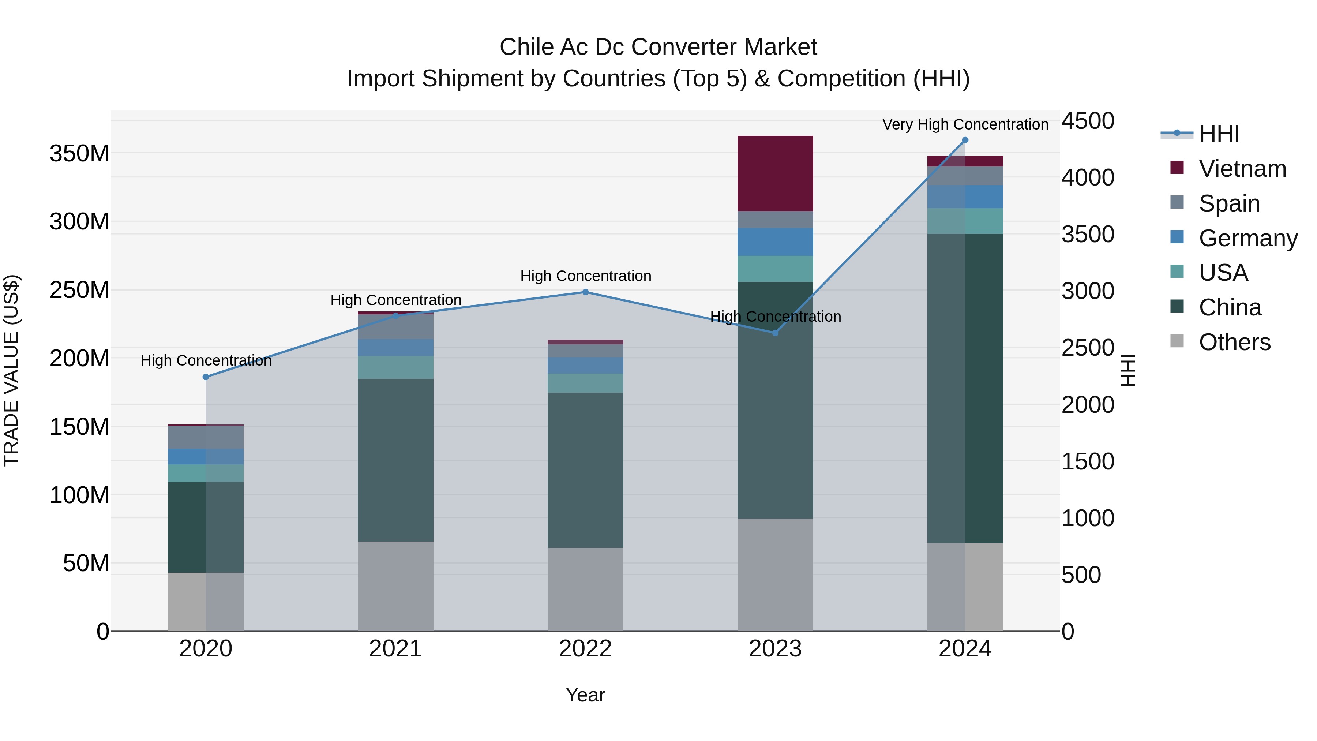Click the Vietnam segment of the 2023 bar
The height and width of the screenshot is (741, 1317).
(x=775, y=173)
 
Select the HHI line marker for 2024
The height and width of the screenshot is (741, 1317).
(x=965, y=140)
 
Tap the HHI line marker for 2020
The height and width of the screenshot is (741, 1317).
(x=206, y=377)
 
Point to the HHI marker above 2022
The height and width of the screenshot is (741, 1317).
(x=585, y=292)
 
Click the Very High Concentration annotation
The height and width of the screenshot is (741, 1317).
(x=965, y=124)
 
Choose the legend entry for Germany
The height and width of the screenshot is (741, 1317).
(x=1247, y=238)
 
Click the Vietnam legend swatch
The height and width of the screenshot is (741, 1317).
(x=1177, y=168)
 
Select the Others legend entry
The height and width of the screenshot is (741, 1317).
(x=1234, y=342)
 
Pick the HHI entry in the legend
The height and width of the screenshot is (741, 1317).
(x=1219, y=134)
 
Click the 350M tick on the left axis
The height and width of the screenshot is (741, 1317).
(x=79, y=153)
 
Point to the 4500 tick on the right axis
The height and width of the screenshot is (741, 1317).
(x=1088, y=121)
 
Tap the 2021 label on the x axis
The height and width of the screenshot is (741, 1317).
(x=395, y=649)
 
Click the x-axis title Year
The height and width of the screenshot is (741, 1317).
(x=585, y=695)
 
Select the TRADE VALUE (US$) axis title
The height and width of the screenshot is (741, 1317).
(x=12, y=370)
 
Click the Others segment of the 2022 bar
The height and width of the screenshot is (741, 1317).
(x=585, y=589)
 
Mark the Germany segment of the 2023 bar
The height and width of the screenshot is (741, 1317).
(x=775, y=242)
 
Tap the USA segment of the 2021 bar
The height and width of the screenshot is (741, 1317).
(x=395, y=367)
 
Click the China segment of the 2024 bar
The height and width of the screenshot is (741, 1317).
(x=965, y=388)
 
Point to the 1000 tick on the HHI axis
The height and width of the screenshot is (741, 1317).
(x=1088, y=519)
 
